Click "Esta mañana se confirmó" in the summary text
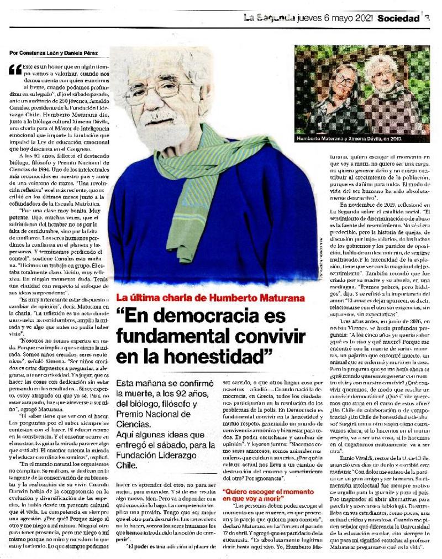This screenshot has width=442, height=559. point(159,383)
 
